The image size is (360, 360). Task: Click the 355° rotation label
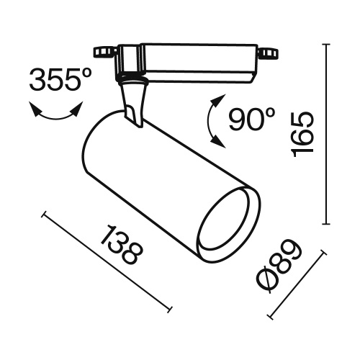tap(57, 80)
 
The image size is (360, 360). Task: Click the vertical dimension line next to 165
tap(328, 134)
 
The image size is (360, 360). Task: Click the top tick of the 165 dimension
tap(328, 45)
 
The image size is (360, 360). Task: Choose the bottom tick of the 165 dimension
tap(328, 224)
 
